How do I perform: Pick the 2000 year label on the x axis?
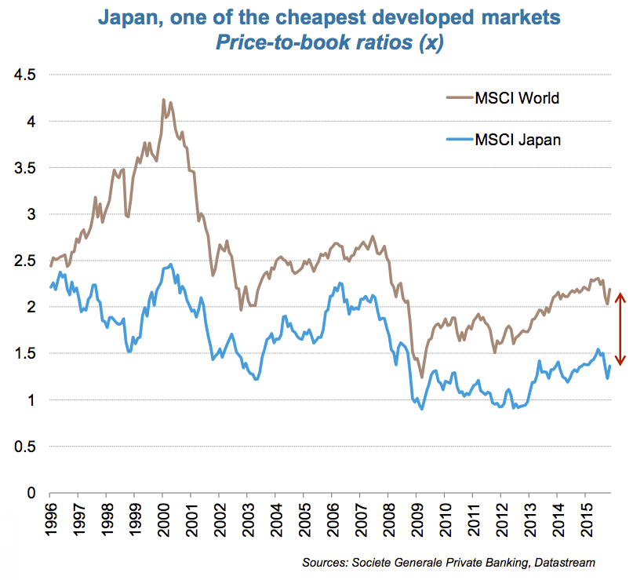tap(162, 517)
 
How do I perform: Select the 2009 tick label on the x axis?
tap(416, 517)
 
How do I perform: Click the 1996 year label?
tap(50, 517)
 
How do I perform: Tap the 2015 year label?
tap(584, 517)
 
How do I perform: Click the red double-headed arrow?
tap(620, 328)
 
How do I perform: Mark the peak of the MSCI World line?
tap(163, 100)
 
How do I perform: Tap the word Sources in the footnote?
tap(326, 562)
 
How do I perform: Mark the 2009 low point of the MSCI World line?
tap(422, 378)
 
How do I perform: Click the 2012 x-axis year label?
tap(500, 517)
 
